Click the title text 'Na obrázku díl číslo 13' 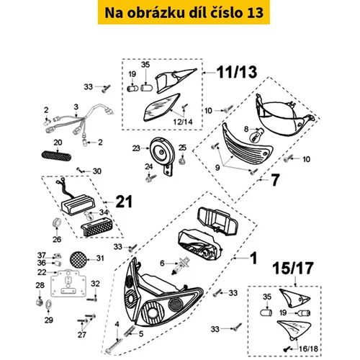click(x=179, y=14)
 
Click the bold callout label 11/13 click(x=232, y=72)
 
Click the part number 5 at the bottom click(x=141, y=333)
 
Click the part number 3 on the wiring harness click(x=75, y=107)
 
